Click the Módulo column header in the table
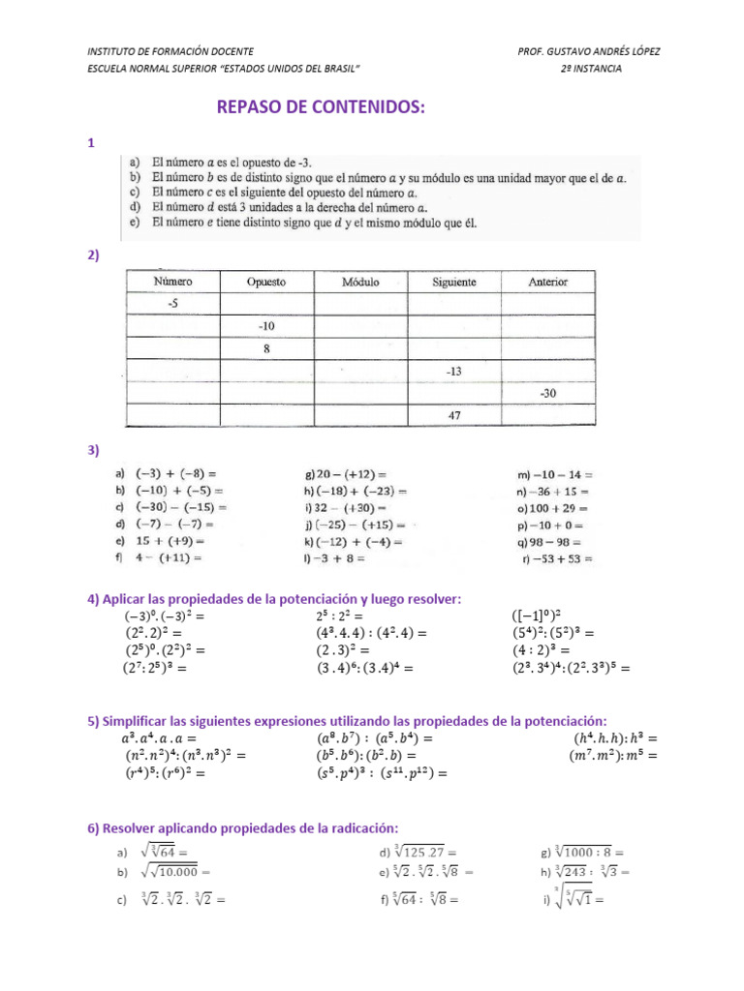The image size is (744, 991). tap(360, 282)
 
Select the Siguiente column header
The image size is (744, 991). tap(453, 282)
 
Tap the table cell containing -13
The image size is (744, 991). tap(453, 372)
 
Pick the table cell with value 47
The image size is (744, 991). tap(453, 415)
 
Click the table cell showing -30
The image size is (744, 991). tap(547, 394)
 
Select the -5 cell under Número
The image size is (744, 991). tap(172, 304)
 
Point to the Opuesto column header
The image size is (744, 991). tap(265, 282)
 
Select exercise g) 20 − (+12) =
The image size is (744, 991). tap(346, 474)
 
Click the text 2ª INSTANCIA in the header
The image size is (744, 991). tap(592, 69)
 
